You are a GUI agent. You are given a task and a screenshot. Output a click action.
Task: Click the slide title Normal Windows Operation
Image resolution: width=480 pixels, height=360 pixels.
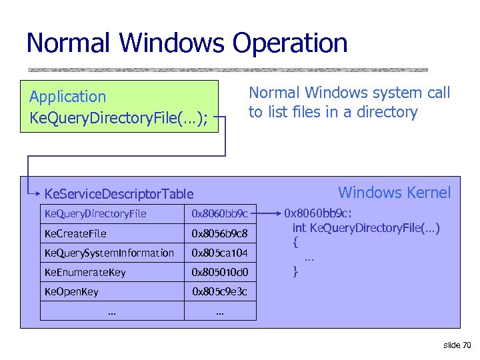[187, 43]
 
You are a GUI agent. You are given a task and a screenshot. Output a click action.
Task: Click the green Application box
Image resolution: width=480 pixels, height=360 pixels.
[119, 107]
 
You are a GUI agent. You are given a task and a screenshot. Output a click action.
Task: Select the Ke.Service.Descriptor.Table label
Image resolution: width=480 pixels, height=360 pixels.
[119, 194]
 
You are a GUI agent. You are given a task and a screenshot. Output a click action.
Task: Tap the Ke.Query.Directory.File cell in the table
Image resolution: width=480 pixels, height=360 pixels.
[95, 214]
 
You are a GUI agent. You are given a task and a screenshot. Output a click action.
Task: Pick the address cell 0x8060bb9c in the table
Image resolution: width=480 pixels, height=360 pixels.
[219, 214]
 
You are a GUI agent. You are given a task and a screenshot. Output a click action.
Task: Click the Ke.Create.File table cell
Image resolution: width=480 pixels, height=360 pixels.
[75, 233]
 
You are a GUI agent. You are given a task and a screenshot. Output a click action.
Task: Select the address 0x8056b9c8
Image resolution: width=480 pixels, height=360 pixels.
[219, 233]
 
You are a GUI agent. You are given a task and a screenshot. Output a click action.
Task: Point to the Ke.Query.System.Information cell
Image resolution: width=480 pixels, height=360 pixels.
[109, 253]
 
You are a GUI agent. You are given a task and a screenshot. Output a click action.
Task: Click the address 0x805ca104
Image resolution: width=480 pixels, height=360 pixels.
[219, 253]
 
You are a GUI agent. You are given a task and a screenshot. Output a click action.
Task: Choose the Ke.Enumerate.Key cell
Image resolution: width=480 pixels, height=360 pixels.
[85, 272]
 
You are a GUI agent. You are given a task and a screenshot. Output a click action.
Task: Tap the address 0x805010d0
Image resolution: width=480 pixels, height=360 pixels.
[219, 272]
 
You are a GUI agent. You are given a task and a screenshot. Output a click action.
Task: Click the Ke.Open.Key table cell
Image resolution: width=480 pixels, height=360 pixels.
[71, 291]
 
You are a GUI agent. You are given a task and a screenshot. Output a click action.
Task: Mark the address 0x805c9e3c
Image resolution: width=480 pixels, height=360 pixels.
[219, 291]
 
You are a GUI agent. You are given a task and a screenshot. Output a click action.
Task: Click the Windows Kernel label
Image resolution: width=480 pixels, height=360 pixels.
[394, 193]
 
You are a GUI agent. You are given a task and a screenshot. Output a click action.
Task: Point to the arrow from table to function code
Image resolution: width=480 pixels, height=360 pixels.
[268, 214]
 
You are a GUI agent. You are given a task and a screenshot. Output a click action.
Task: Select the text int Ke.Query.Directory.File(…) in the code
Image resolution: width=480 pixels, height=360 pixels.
[366, 228]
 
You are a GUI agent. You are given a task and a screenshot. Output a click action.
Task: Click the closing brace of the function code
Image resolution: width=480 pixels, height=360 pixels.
[295, 271]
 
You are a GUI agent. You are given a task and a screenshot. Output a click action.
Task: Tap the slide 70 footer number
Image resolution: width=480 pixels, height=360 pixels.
[457, 345]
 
